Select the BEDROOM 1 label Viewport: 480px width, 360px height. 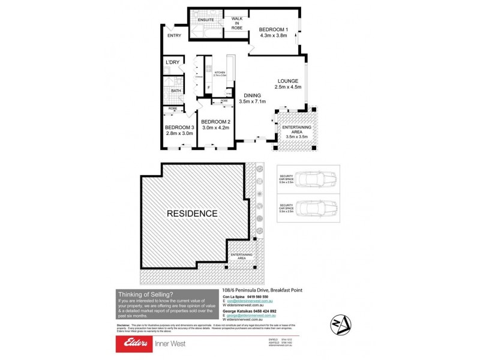click(274, 29)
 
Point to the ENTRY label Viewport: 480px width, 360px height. click(175, 35)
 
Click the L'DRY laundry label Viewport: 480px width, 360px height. click(173, 62)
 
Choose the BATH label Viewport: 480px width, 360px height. click(176, 91)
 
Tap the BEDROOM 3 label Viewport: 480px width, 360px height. click(179, 128)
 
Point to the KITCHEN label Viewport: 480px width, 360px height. click(220, 72)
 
